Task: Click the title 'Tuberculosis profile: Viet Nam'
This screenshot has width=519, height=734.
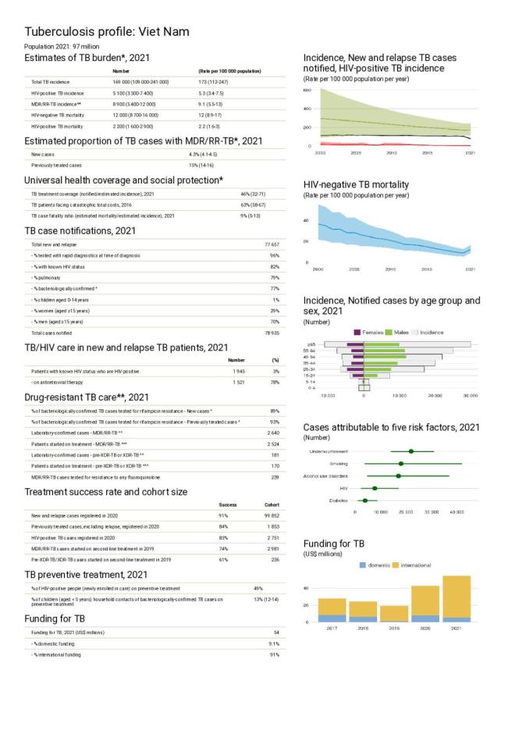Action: tap(107, 32)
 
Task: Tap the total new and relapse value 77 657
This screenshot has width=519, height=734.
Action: tap(272, 244)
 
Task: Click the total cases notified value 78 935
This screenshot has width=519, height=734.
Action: tap(272, 333)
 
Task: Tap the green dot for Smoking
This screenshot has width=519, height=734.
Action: tap(401, 464)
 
